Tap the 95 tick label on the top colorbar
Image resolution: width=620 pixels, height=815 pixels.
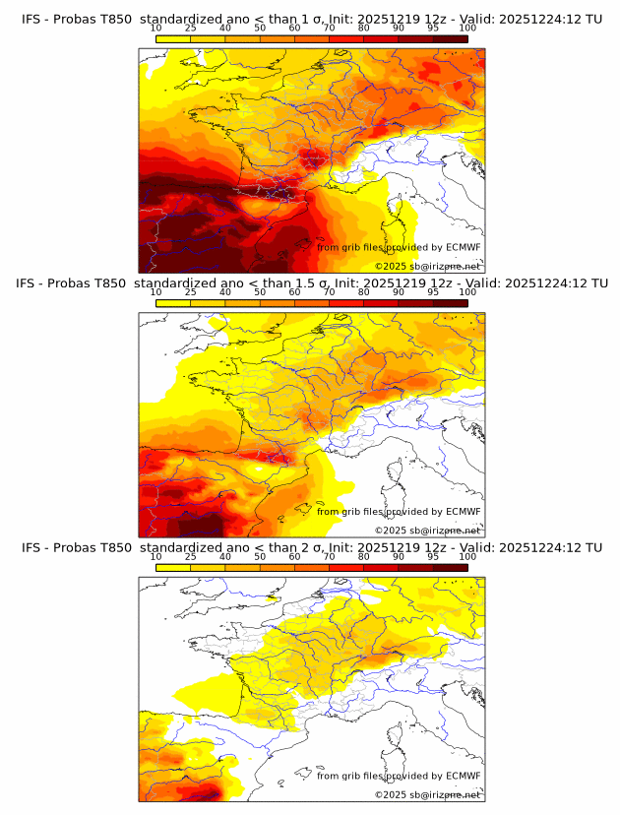[x=433, y=28]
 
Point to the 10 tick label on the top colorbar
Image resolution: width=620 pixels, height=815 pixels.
[x=155, y=28]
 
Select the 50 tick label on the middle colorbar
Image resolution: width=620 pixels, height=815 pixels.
[x=260, y=293]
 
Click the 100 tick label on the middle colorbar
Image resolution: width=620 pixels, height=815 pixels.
[x=467, y=293]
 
